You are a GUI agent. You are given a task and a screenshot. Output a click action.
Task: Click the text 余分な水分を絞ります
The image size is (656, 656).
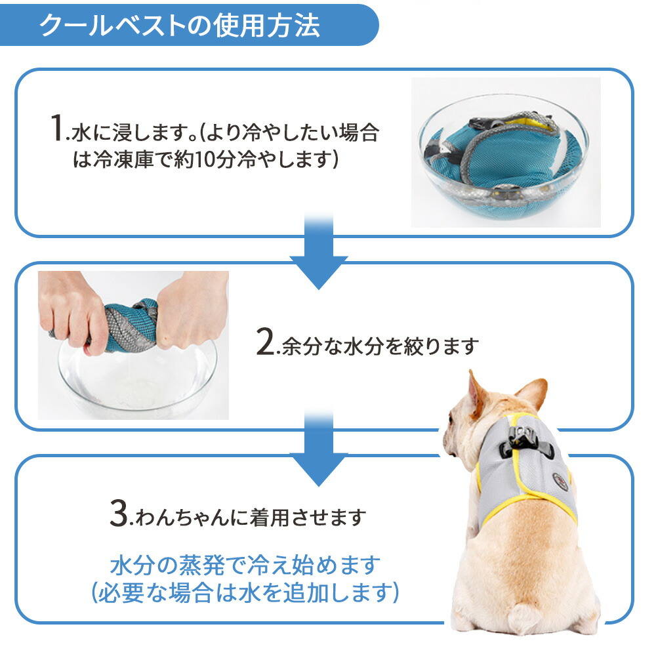pos(377,346)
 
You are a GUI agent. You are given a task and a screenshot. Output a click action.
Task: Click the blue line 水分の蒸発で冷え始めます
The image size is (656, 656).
pos(246,565)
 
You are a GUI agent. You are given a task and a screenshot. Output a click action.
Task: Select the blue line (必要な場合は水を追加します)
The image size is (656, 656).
pos(246,594)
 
